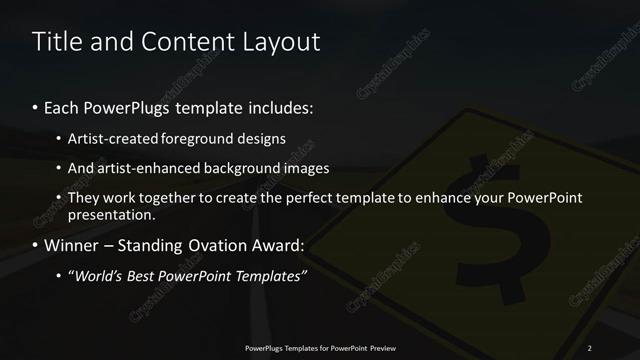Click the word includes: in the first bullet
point(277,106)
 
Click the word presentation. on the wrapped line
point(112,214)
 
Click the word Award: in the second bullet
point(276,245)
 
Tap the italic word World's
point(97,276)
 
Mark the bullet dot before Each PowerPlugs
point(36,107)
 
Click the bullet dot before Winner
point(36,246)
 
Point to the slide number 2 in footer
point(590,348)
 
